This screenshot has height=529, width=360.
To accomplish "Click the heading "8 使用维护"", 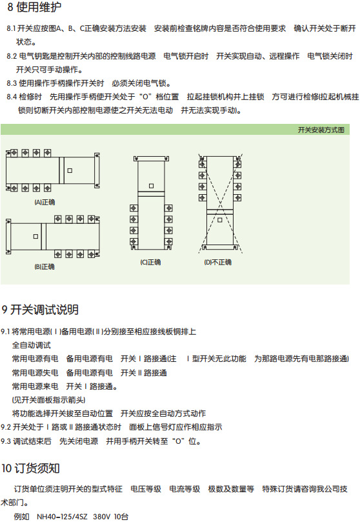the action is pyautogui.click(x=34, y=7).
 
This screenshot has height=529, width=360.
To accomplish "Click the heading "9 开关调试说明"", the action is pyautogui.click(x=40, y=310).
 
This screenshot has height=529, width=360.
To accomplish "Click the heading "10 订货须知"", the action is pyautogui.click(x=31, y=468).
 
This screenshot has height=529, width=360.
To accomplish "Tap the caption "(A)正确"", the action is pyautogui.click(x=45, y=203).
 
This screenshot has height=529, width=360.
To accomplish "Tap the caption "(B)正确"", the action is pyautogui.click(x=45, y=267).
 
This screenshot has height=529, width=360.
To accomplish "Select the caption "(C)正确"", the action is pyautogui.click(x=150, y=262).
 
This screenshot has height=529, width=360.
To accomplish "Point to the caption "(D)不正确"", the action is pyautogui.click(x=217, y=262).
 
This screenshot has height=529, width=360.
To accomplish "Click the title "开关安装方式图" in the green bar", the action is pyautogui.click(x=321, y=130).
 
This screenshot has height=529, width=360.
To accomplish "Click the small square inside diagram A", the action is pyautogui.click(x=70, y=170).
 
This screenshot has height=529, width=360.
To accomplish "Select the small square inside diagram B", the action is pyautogui.click(x=35, y=237).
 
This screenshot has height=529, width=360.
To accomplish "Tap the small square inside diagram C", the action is pyautogui.click(x=151, y=186).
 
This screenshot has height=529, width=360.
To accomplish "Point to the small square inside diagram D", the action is pyautogui.click(x=219, y=220).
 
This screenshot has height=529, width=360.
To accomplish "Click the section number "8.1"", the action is pyautogui.click(x=11, y=28).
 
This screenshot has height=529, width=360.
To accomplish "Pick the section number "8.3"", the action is pyautogui.click(x=12, y=83).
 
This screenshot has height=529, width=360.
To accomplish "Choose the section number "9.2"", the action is pyautogui.click(x=6, y=428).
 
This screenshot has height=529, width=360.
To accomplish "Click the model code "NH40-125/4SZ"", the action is pyautogui.click(x=62, y=517).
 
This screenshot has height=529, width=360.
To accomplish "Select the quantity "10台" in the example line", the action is pyautogui.click(x=121, y=517).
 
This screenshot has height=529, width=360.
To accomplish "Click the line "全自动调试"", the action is pyautogui.click(x=32, y=345).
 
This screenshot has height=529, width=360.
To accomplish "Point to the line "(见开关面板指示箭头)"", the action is pyautogui.click(x=48, y=400).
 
